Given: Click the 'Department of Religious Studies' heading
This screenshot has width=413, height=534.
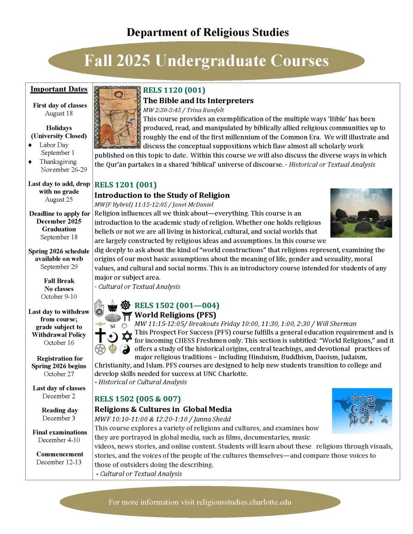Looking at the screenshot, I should click(x=207, y=32).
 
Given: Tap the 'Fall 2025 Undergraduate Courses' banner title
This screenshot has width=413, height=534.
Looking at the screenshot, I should click(x=206, y=61).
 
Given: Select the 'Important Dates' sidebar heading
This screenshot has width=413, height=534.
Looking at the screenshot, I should click(x=59, y=89).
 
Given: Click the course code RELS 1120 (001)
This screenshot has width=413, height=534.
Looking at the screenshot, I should click(x=174, y=90).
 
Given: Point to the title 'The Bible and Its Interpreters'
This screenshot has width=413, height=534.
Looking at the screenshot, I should click(x=198, y=100).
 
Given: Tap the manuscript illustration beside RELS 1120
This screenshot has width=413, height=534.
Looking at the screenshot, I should click(x=118, y=117).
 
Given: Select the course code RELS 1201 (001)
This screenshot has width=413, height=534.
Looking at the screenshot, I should click(x=126, y=184).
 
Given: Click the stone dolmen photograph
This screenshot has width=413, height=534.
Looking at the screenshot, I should click(x=361, y=213).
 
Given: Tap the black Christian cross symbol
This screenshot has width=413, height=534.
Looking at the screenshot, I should click(x=100, y=336).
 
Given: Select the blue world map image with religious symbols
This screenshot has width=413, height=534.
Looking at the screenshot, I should click(x=362, y=410).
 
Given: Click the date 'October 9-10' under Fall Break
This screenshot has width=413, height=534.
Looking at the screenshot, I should click(x=59, y=296).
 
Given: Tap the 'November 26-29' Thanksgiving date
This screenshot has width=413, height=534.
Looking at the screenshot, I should click(x=64, y=169).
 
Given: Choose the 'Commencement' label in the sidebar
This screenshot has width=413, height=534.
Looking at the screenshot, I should click(x=59, y=454).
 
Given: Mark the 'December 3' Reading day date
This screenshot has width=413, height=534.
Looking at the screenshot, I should click(x=59, y=418).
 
